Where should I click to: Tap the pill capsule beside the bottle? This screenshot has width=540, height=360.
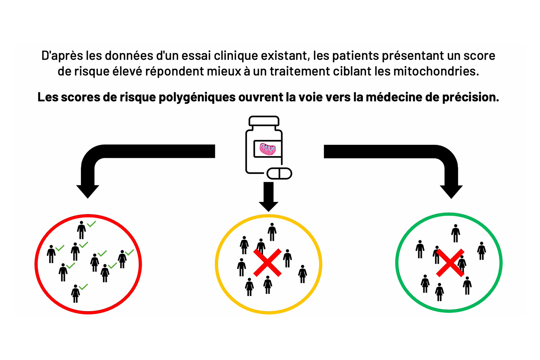tap(279, 174)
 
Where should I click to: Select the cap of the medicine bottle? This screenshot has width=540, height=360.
tap(264, 121)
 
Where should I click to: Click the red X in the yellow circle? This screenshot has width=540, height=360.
tap(267, 262)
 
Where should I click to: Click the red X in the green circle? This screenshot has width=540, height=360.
tap(450, 263)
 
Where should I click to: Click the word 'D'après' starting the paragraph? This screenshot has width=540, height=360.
tap(62, 56)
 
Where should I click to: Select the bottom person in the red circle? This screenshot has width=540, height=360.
tap(76, 293)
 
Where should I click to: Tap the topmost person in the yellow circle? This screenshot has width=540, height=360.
tap(272, 231)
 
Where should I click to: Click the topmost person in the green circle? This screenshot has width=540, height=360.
tap(456, 233)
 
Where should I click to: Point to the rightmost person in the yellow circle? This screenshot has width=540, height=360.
tap(303, 274)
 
